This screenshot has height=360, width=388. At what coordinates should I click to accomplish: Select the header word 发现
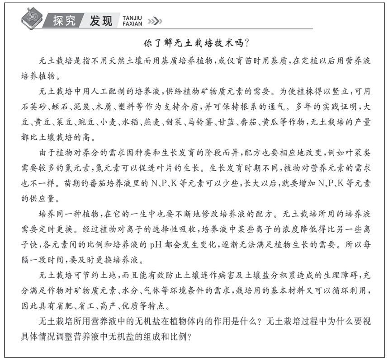(x=100, y=21)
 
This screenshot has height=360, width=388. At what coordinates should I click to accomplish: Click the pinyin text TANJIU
(x=131, y=17)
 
